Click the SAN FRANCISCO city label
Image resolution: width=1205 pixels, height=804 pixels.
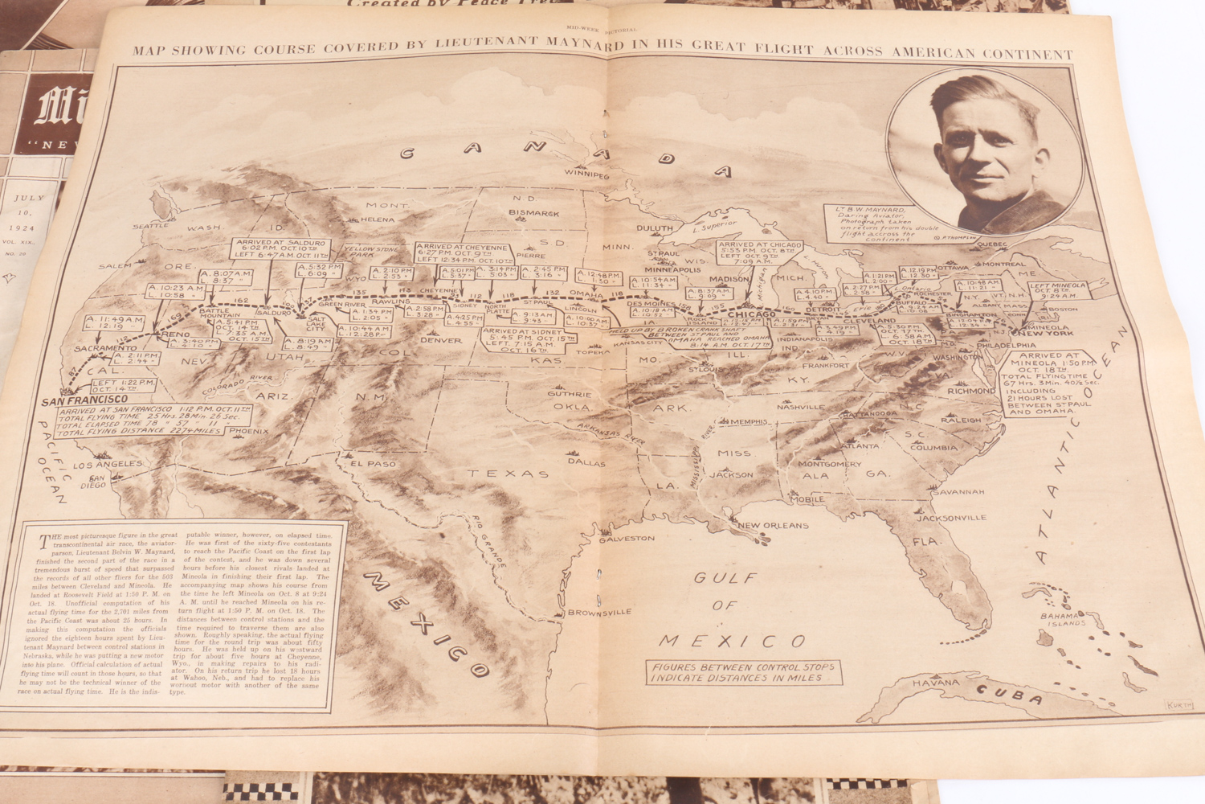point(88,399)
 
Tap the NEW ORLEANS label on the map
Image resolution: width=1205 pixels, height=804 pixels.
point(774,526)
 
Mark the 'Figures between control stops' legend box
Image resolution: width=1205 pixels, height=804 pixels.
point(743,672)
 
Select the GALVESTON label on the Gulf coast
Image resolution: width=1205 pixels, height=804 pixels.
point(626,538)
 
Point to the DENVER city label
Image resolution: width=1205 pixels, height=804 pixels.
point(441,340)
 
